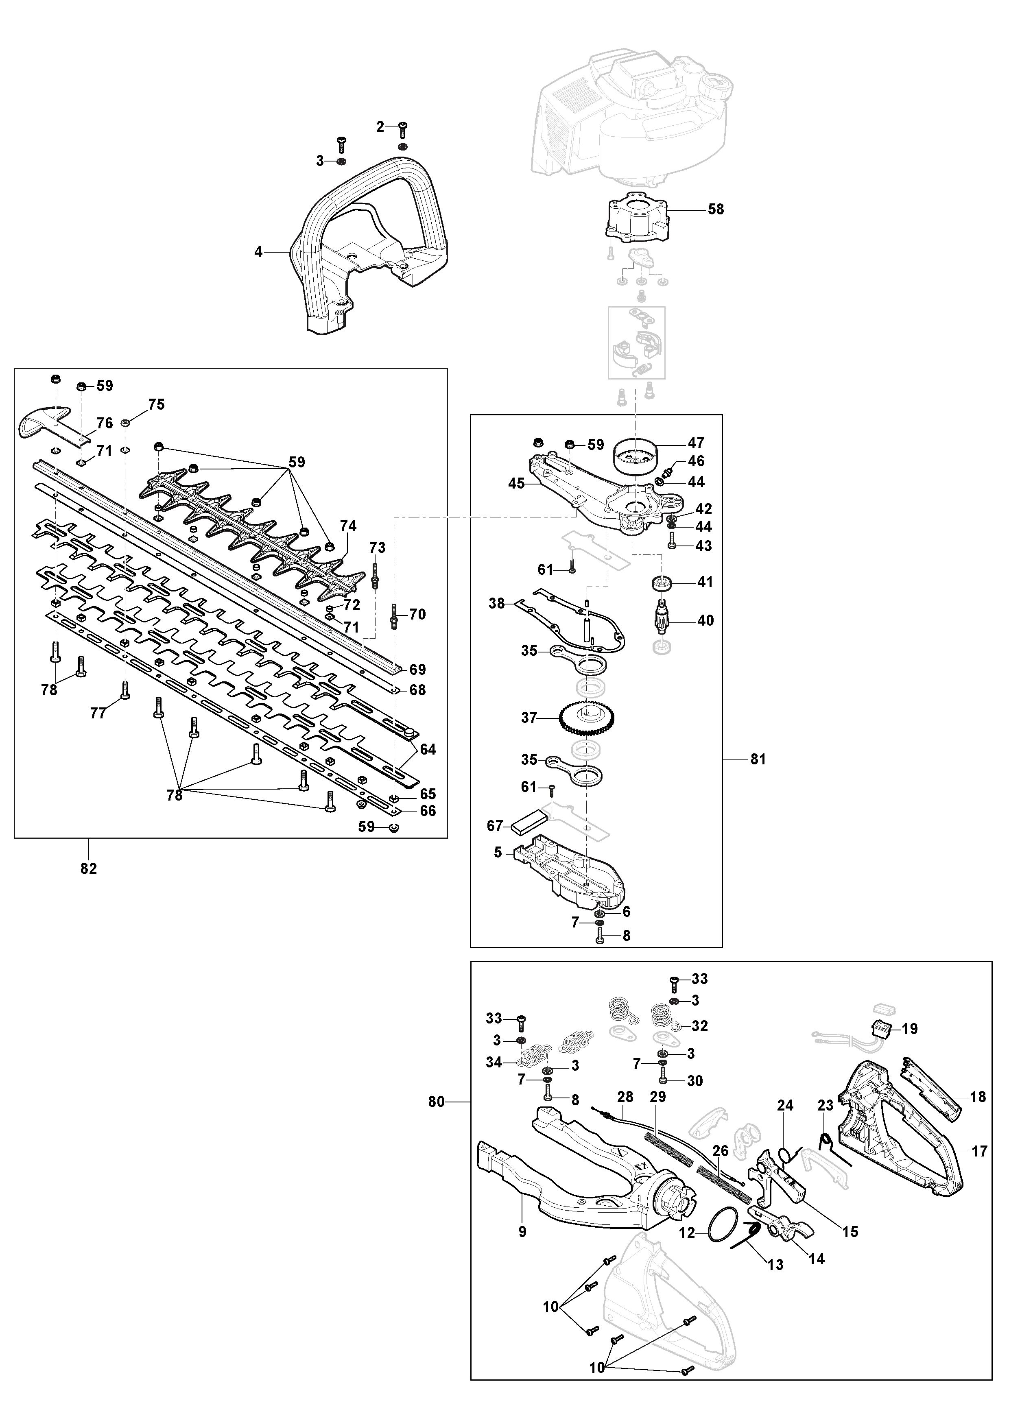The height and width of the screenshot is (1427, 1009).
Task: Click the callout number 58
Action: point(716,209)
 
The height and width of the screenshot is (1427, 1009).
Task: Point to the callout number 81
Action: point(758,759)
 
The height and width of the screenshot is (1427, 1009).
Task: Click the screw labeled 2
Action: point(402,129)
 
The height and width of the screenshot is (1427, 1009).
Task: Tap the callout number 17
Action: point(979,1152)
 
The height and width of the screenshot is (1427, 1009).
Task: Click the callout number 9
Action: point(522,1231)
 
